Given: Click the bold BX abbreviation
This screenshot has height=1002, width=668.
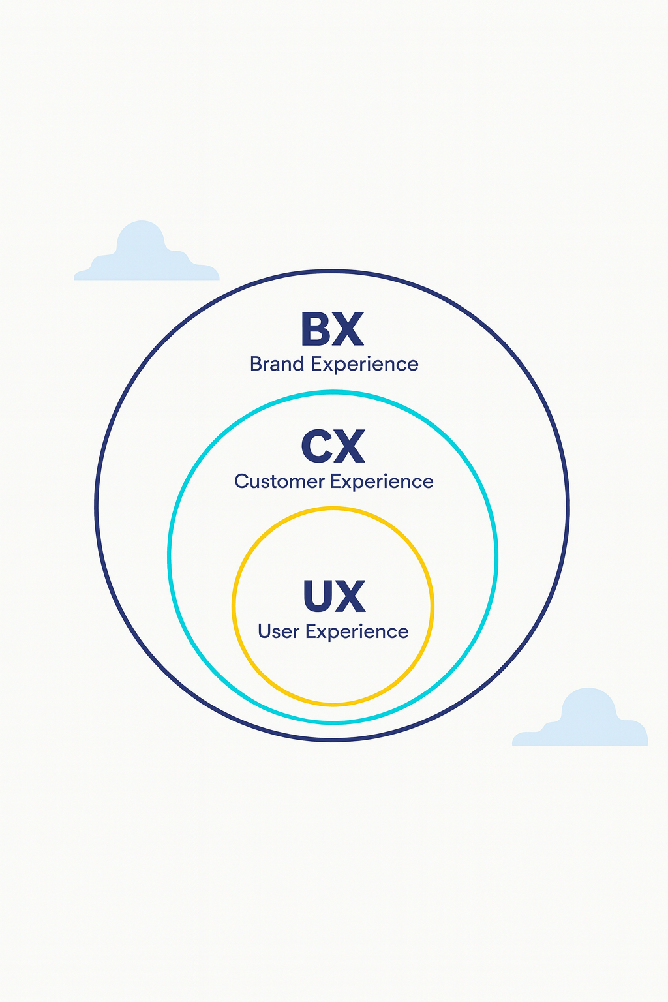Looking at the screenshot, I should [x=332, y=329].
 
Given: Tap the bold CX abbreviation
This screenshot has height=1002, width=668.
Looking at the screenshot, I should [x=333, y=447].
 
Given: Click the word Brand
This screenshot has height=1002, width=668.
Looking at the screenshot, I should [x=277, y=363].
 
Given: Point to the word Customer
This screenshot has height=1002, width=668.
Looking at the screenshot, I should [x=279, y=481].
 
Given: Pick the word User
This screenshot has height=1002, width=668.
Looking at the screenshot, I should [x=278, y=631].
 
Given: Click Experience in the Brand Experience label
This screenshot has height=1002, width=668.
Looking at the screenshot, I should [x=365, y=364].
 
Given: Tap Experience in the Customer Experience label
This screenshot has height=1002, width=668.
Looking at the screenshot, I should [x=382, y=481].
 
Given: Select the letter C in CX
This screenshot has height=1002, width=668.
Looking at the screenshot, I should [x=318, y=447].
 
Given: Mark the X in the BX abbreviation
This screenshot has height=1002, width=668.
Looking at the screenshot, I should [x=349, y=329].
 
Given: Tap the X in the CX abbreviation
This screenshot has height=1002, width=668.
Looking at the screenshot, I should [x=349, y=447].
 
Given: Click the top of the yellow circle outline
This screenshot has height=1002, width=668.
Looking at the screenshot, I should [x=333, y=508].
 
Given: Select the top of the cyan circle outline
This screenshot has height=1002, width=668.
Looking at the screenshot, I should [x=333, y=392].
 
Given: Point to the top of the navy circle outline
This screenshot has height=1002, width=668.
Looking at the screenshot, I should [x=333, y=271].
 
